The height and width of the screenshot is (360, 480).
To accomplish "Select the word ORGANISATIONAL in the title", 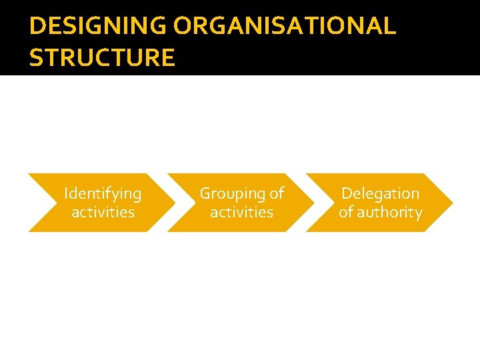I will (x=285, y=27).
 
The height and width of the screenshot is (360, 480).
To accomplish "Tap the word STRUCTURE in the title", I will (x=102, y=58).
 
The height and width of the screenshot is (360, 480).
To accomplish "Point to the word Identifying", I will (x=103, y=194).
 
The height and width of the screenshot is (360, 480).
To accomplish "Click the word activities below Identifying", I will (x=103, y=212).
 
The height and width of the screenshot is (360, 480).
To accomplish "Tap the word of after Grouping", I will (x=277, y=193).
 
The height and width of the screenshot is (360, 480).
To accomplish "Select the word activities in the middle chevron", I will (x=241, y=212).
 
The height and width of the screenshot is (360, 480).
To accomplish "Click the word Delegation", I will (x=380, y=193).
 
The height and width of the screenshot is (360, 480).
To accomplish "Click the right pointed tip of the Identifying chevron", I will (x=175, y=203).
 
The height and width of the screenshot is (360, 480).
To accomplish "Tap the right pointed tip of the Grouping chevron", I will (x=314, y=203).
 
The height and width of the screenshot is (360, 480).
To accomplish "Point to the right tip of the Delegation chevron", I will (x=453, y=203).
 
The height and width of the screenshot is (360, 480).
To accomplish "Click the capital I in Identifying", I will (x=65, y=193).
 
